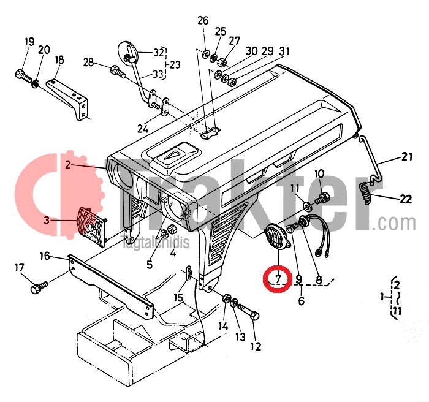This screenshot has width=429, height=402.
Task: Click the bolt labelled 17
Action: (x=39, y=286)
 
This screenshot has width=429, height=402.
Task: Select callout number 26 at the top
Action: (x=203, y=21)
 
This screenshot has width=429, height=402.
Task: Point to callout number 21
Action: (x=408, y=157)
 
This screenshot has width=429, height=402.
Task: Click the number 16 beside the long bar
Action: (x=45, y=256)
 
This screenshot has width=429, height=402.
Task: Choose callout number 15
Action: (x=178, y=297)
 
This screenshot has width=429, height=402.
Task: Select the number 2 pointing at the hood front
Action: (x=68, y=165)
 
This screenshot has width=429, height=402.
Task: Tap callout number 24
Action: (x=143, y=129)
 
